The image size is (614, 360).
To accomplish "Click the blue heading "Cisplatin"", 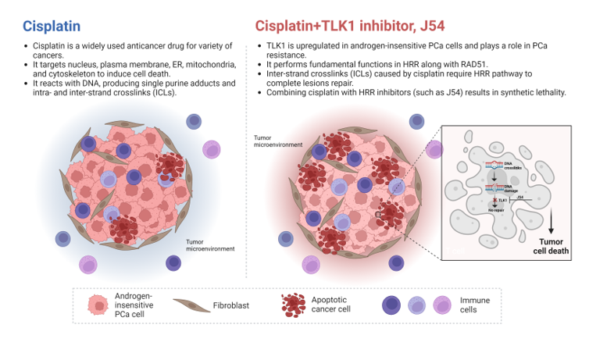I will coord(52,25).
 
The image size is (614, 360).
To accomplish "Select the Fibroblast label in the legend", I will coord(233,305).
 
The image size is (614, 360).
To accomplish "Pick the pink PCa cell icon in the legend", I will coord(97,305).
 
